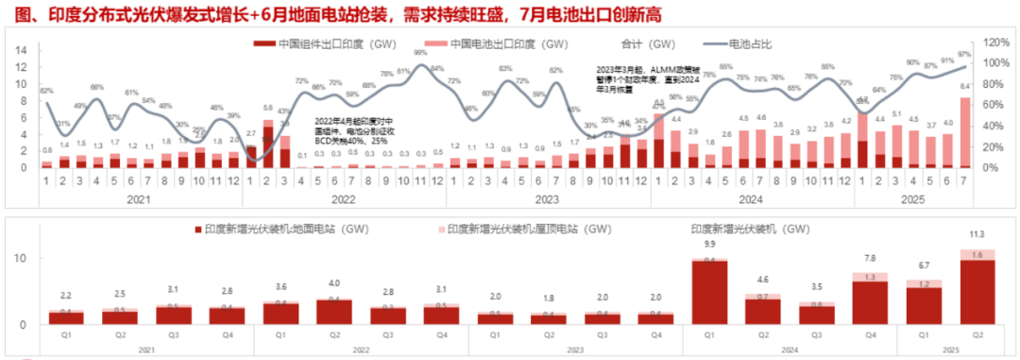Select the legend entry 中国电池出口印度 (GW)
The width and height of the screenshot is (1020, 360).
click(x=501, y=43)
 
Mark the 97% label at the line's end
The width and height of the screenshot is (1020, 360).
click(x=964, y=54)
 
